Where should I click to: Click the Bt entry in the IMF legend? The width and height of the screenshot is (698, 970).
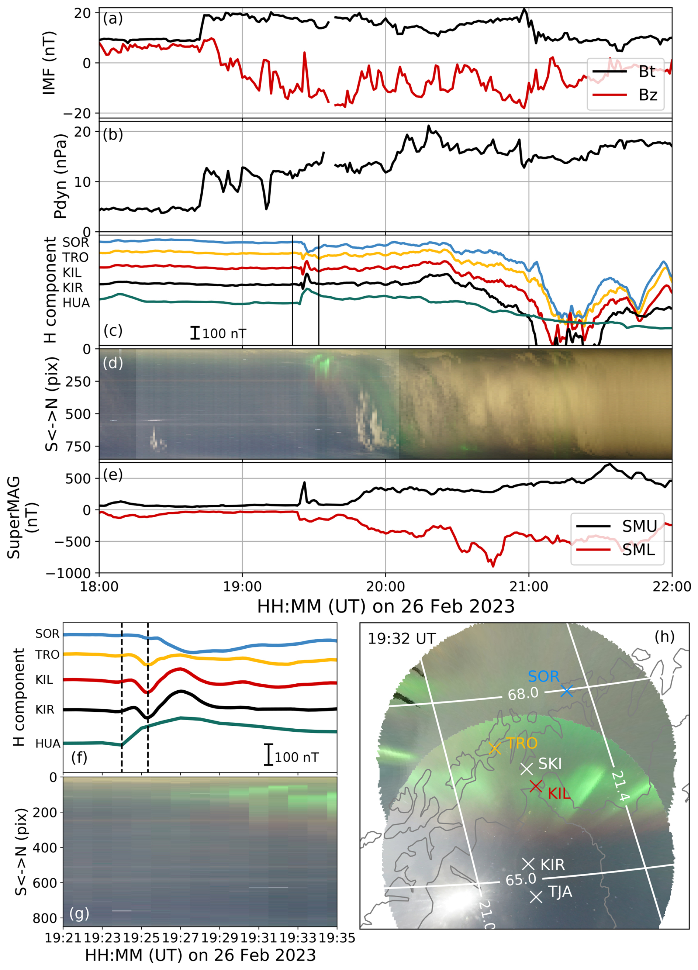point(646,72)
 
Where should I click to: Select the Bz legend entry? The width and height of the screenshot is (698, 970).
point(647,94)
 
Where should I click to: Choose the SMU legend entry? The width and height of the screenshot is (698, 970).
point(639,526)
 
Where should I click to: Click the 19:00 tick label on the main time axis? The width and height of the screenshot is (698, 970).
point(242,586)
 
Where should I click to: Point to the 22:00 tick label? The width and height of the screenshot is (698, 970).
point(671,586)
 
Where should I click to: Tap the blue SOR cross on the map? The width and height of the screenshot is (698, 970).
point(567,691)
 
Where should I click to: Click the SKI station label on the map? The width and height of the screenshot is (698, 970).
point(550,763)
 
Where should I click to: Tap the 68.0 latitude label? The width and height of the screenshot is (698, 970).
point(523,694)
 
